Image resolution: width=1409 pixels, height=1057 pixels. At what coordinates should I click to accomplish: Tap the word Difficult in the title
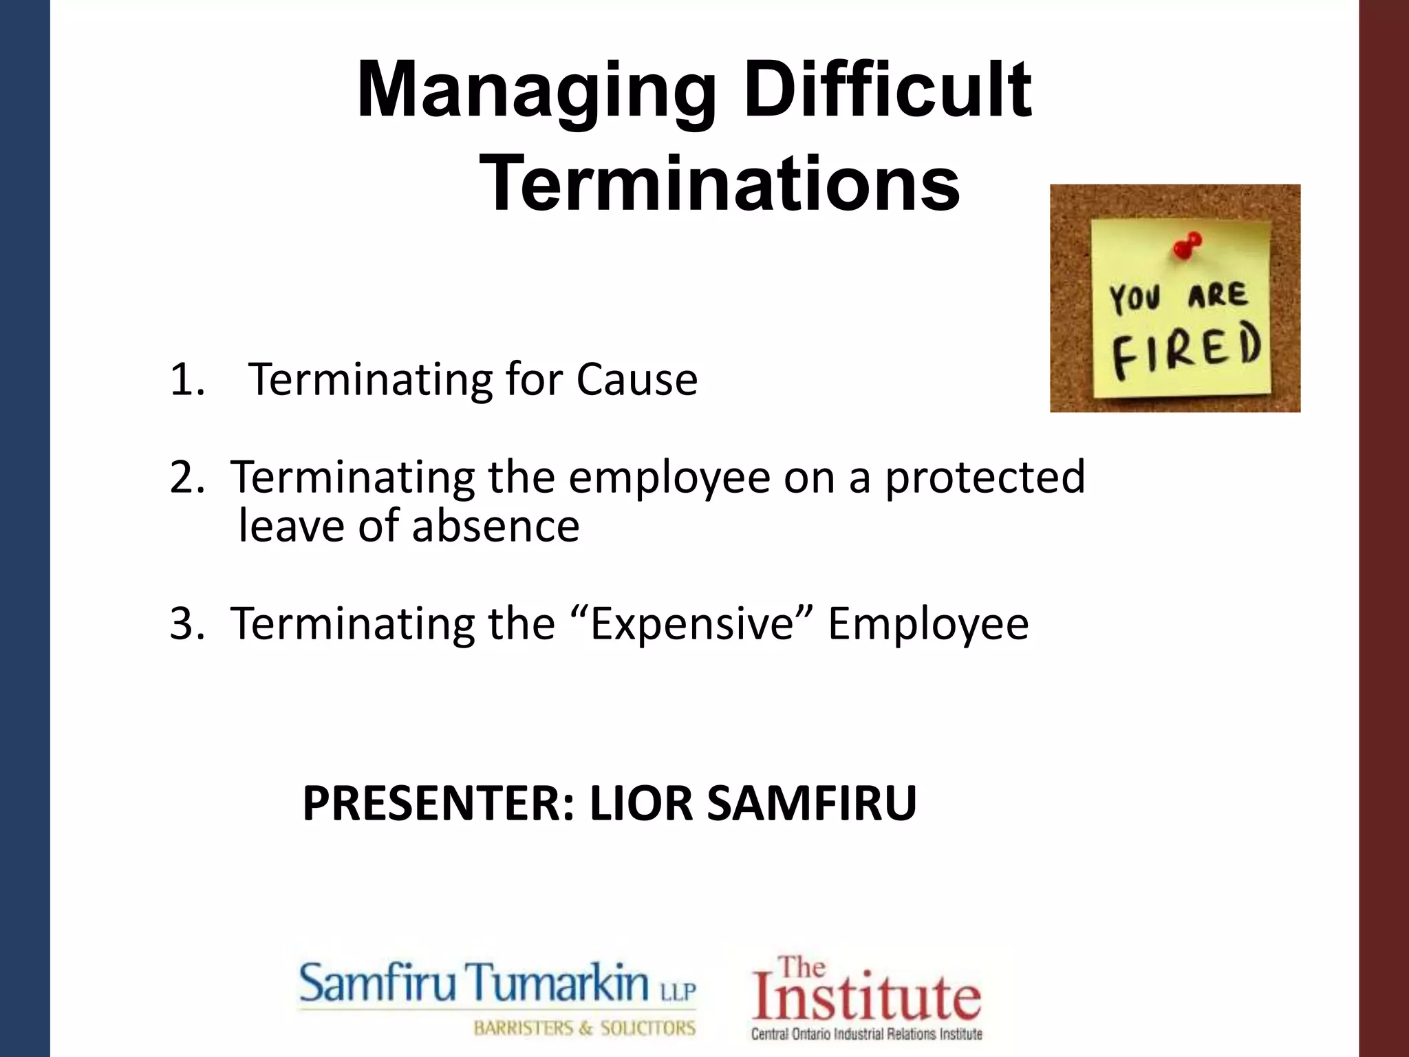pos(888,89)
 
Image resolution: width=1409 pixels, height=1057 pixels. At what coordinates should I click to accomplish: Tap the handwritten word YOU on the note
pos(1135,299)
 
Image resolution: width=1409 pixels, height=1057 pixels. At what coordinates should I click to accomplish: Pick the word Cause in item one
pos(637,379)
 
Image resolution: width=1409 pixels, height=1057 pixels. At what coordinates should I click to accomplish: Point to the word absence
pos(495,526)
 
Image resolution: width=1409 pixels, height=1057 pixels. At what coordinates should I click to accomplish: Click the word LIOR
pos(641,803)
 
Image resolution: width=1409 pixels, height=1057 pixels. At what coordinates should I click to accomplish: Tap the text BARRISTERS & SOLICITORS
pos(585,1029)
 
